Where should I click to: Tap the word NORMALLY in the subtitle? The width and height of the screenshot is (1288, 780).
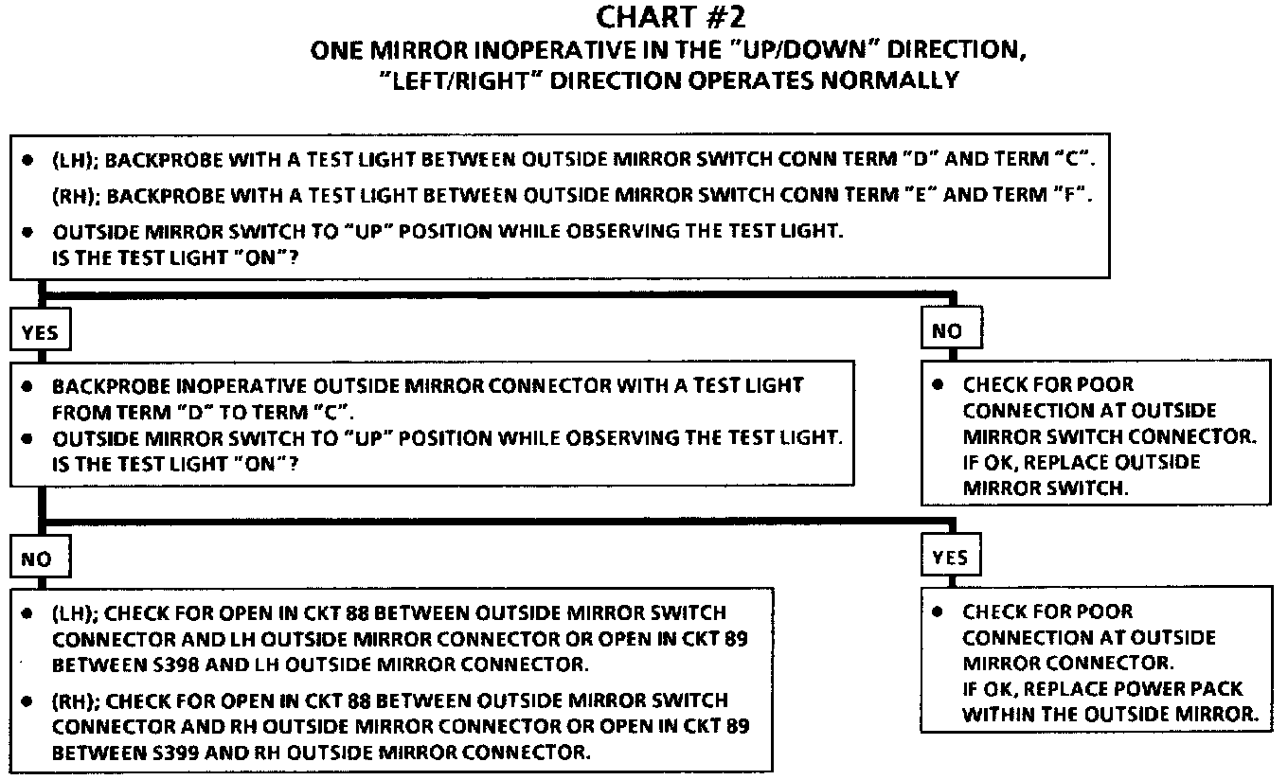coord(892,80)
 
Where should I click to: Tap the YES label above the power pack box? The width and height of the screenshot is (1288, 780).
coord(949,558)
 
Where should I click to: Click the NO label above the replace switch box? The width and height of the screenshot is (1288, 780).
coord(946,330)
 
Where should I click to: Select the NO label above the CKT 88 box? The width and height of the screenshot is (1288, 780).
coord(36,559)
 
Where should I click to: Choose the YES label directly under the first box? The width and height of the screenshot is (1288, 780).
coord(39,332)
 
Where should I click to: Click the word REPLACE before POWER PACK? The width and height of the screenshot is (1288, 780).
coord(1074,688)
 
